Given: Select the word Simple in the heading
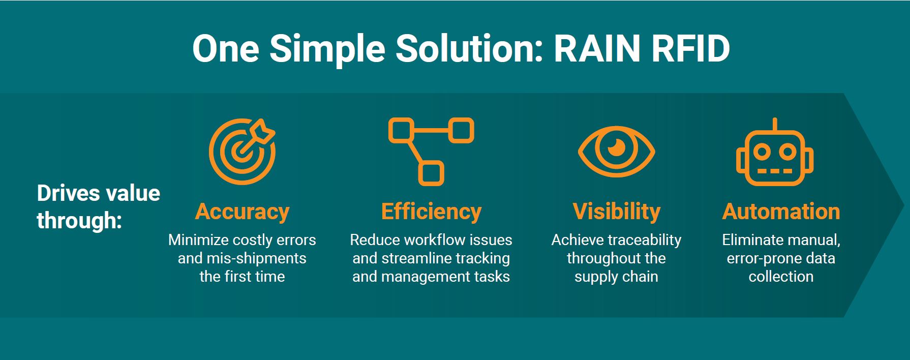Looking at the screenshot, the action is pos(327,50).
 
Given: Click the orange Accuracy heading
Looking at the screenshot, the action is pos(242,212).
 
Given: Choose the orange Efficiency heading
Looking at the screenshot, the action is pos(431,212).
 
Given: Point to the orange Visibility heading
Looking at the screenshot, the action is pos(616,212).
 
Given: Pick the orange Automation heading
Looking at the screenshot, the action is pos(781,212).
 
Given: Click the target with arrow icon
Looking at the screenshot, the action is pos(242,151).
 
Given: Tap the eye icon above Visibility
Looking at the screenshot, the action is pos(616,151).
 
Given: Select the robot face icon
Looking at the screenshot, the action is pos(775,152).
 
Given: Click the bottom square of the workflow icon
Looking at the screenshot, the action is pos(431,173).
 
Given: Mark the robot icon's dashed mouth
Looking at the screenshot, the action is pos(775,171).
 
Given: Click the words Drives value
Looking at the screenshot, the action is pos(99,193).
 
